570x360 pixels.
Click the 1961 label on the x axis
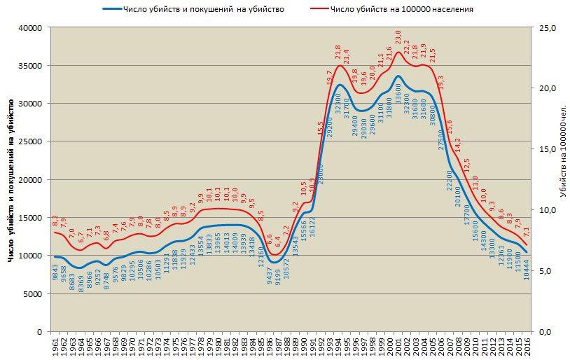[55, 346]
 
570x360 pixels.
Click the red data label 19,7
[330, 77]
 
